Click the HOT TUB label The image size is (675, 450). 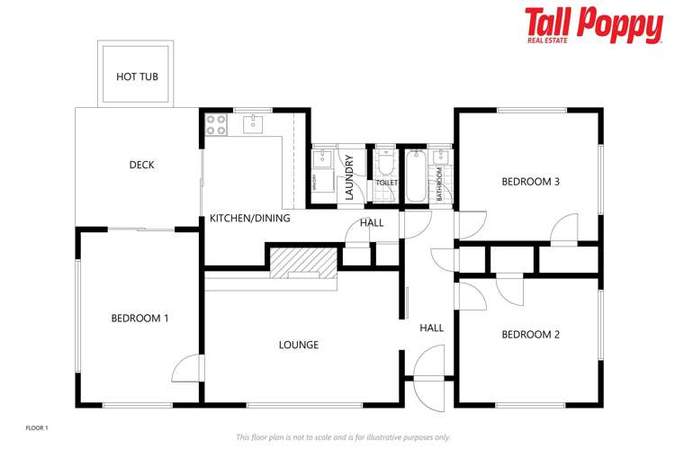pyautogui.click(x=137, y=76)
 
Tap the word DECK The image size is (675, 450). pyautogui.click(x=141, y=165)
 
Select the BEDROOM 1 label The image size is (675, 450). pyautogui.click(x=139, y=318)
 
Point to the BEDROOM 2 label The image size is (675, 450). pyautogui.click(x=530, y=335)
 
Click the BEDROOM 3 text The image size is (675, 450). pyautogui.click(x=530, y=182)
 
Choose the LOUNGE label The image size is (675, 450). pyautogui.click(x=298, y=345)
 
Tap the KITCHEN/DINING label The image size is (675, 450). pyautogui.click(x=249, y=219)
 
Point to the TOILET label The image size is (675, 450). pyautogui.click(x=386, y=183)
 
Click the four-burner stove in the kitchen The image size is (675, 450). pyautogui.click(x=216, y=124)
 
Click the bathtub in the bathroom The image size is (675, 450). pyautogui.click(x=416, y=176)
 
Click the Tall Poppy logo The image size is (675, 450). pyautogui.click(x=593, y=25)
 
